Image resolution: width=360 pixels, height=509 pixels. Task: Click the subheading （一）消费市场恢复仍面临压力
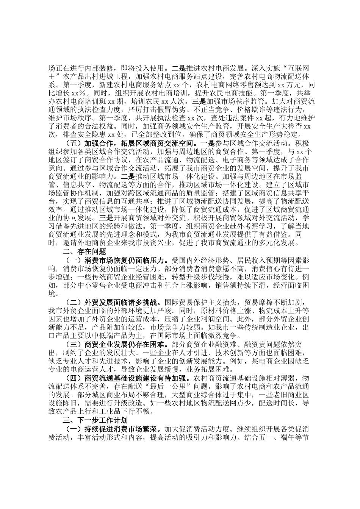click(116, 260)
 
